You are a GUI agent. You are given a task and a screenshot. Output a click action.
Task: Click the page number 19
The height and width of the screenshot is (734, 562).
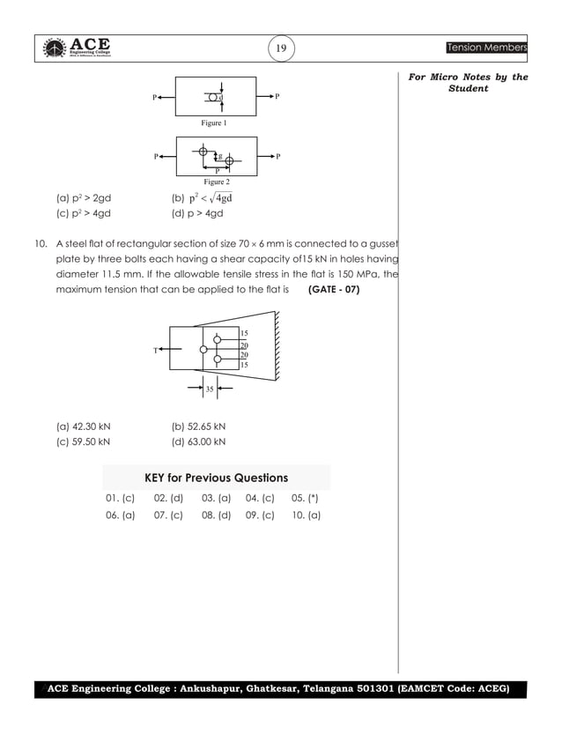[281, 48]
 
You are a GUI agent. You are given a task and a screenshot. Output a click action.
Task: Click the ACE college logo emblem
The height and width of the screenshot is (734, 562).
[55, 48]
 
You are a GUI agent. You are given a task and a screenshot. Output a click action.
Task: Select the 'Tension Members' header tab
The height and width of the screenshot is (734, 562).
[486, 47]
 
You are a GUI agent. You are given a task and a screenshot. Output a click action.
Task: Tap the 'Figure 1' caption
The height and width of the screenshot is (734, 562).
[214, 123]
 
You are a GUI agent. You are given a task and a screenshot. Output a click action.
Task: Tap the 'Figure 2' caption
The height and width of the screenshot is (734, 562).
[217, 181]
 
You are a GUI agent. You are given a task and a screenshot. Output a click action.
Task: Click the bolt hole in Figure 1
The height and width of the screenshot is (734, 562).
[214, 97]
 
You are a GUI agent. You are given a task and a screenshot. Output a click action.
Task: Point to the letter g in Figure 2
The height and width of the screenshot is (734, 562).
[219, 155]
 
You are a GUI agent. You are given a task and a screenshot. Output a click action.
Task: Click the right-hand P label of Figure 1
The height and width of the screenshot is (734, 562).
[277, 95]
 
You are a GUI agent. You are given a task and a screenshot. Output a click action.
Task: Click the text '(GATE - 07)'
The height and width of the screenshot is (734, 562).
[334, 289]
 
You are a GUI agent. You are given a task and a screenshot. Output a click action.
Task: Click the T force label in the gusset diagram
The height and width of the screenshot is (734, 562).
[155, 350]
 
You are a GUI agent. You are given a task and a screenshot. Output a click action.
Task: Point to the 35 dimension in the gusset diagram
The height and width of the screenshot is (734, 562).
[210, 388]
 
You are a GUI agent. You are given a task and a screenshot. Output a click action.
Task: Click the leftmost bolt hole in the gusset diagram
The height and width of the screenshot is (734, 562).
[203, 350]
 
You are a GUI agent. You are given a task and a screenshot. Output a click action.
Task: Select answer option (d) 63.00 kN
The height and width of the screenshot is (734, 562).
[198, 441]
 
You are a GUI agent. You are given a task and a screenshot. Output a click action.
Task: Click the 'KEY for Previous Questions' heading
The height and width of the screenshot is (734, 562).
[216, 478]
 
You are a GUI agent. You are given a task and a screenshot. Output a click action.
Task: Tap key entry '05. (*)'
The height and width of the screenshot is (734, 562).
[305, 499]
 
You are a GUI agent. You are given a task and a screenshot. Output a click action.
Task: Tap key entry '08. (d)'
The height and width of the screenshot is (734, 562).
[216, 515]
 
